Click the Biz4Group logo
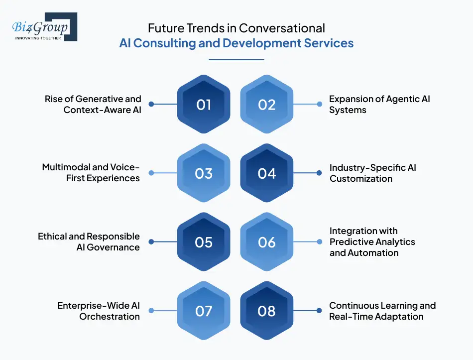tap(44, 27)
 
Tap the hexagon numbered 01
tap(204, 105)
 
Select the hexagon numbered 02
tap(267, 105)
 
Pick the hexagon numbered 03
tap(204, 173)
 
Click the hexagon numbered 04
tap(267, 173)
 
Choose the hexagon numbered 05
tap(204, 242)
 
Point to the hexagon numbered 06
tap(267, 242)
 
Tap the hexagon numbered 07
tap(204, 311)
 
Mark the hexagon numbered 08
tap(267, 311)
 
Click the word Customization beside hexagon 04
tap(361, 179)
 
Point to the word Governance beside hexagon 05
tap(115, 247)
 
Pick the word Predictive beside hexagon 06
tap(352, 242)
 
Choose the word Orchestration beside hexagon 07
tap(110, 316)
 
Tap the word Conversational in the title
tap(282, 28)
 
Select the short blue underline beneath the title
tap(236, 60)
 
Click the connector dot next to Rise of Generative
tap(151, 105)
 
